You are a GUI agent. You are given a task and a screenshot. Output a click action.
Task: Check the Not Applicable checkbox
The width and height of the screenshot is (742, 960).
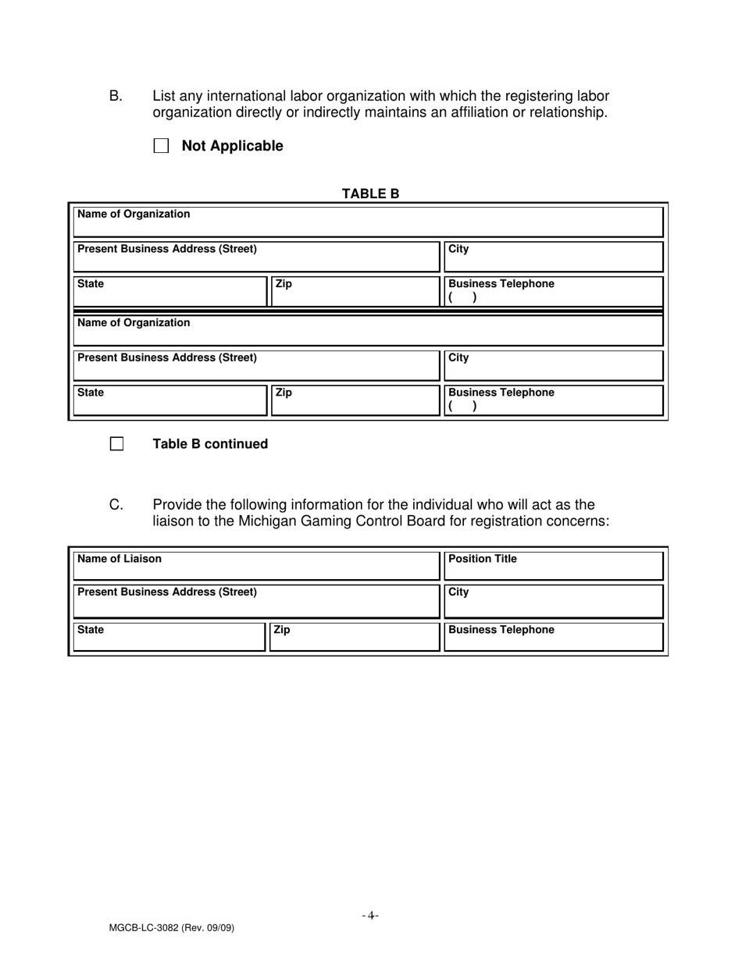pyautogui.click(x=162, y=146)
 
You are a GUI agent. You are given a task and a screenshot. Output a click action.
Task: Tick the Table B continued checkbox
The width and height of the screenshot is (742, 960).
pyautogui.click(x=116, y=444)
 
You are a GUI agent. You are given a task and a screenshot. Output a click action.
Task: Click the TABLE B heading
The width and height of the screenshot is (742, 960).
pyautogui.click(x=370, y=194)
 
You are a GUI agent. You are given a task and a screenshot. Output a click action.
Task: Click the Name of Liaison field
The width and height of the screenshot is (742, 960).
pyautogui.click(x=256, y=566)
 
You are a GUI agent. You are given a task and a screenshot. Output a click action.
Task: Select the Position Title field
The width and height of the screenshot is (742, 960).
pyautogui.click(x=553, y=566)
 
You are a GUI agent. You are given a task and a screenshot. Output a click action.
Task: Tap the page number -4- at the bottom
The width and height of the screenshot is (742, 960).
pyautogui.click(x=370, y=916)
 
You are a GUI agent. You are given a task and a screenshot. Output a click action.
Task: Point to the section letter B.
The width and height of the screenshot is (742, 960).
pyautogui.click(x=116, y=96)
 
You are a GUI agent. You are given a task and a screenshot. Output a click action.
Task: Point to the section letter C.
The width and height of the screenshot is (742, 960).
pyautogui.click(x=116, y=505)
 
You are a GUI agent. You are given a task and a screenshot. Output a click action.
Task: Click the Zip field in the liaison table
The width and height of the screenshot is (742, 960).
pyautogui.click(x=354, y=637)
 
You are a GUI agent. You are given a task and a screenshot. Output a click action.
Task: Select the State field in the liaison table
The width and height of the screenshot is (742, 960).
pyautogui.click(x=169, y=637)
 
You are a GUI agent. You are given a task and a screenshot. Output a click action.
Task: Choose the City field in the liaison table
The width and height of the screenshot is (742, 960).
pyautogui.click(x=553, y=601)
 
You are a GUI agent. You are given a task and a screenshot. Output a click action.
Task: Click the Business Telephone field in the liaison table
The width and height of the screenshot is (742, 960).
pyautogui.click(x=553, y=637)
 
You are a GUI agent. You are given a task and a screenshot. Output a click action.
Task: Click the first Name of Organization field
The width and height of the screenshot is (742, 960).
pyautogui.click(x=368, y=222)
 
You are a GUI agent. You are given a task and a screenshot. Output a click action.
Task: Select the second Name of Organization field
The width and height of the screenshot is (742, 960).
pyautogui.click(x=368, y=330)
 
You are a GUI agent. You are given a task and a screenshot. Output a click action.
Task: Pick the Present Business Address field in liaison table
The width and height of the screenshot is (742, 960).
pyautogui.click(x=256, y=601)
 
